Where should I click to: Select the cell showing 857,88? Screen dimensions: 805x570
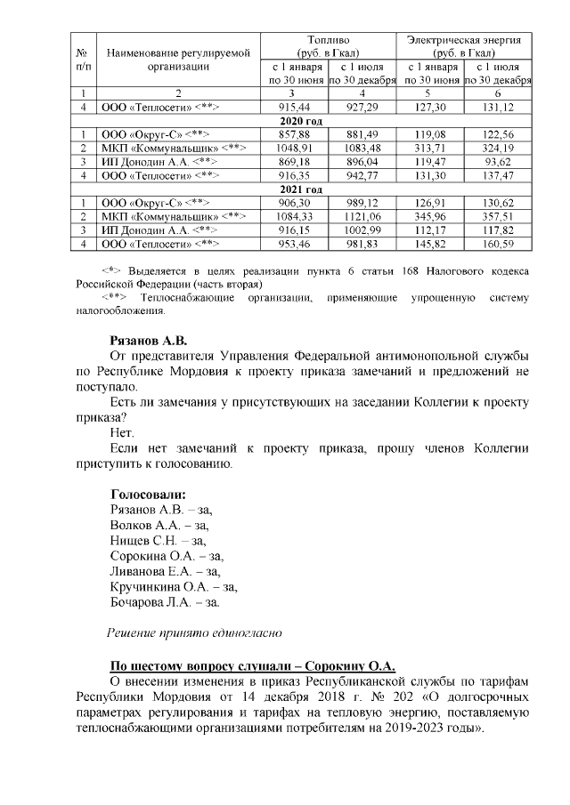click(293, 133)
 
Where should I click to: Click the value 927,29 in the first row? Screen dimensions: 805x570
click(360, 107)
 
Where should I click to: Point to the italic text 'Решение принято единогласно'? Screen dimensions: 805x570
click(194, 633)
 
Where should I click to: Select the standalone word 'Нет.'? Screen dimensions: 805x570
click(120, 433)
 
